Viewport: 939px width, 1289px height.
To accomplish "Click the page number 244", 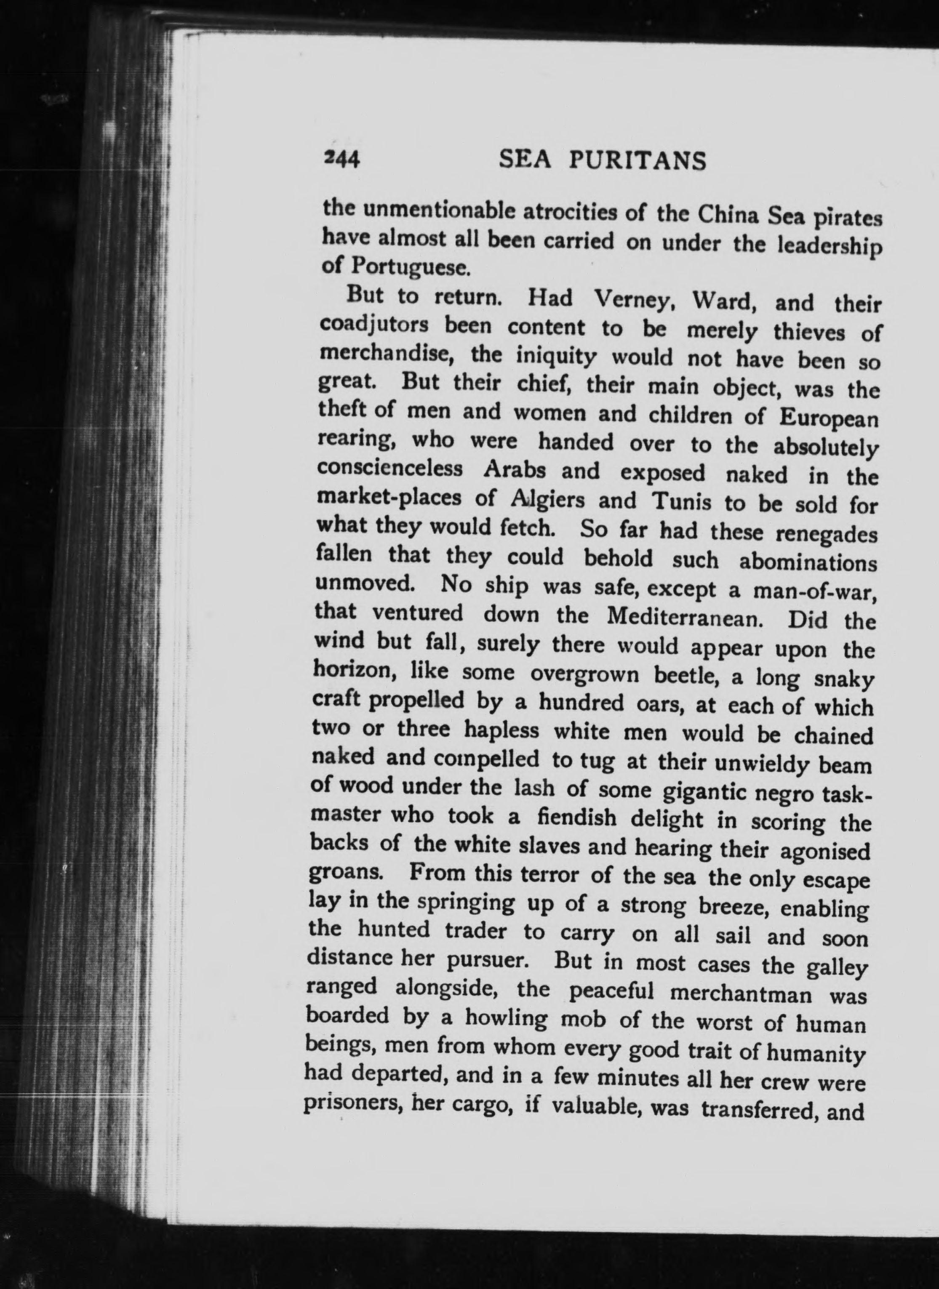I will [341, 160].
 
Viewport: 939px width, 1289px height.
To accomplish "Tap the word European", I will [829, 419].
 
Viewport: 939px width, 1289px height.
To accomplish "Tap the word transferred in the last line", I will [759, 1110].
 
